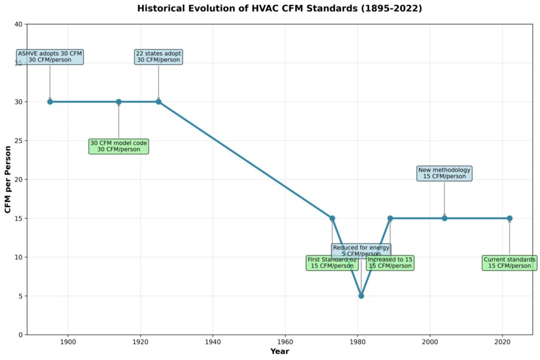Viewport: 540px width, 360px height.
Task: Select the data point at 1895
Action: pyautogui.click(x=50, y=102)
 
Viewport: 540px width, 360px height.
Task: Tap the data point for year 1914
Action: pyautogui.click(x=119, y=102)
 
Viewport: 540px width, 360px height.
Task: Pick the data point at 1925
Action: pyautogui.click(x=158, y=102)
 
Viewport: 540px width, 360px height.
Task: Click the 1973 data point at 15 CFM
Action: pyautogui.click(x=332, y=218)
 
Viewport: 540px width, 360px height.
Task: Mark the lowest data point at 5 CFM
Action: pyautogui.click(x=361, y=296)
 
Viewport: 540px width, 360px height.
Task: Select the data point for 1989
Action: pyautogui.click(x=390, y=218)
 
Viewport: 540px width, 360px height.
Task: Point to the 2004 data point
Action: pyautogui.click(x=445, y=218)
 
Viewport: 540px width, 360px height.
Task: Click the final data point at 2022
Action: pyautogui.click(x=509, y=218)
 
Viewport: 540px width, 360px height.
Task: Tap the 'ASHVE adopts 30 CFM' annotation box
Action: pyautogui.click(x=50, y=56)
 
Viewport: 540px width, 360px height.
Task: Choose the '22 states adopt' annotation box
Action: pyautogui.click(x=158, y=56)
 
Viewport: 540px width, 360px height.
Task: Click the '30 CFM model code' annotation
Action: pyautogui.click(x=119, y=146)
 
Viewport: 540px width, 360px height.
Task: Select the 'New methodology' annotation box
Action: pyautogui.click(x=445, y=173)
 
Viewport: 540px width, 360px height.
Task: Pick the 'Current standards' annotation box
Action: pyautogui.click(x=509, y=262)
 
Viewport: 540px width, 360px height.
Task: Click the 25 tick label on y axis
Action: pyautogui.click(x=18, y=141)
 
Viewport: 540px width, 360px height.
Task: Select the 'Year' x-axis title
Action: pyautogui.click(x=279, y=351)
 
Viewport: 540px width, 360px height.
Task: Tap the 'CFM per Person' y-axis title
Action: pyautogui.click(x=8, y=179)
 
